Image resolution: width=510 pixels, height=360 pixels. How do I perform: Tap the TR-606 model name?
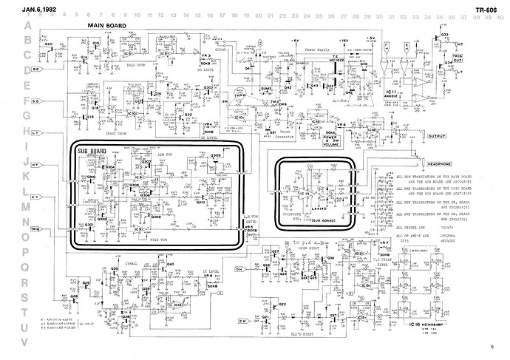[485, 9]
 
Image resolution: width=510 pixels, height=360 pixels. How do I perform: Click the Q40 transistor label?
[170, 264]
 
